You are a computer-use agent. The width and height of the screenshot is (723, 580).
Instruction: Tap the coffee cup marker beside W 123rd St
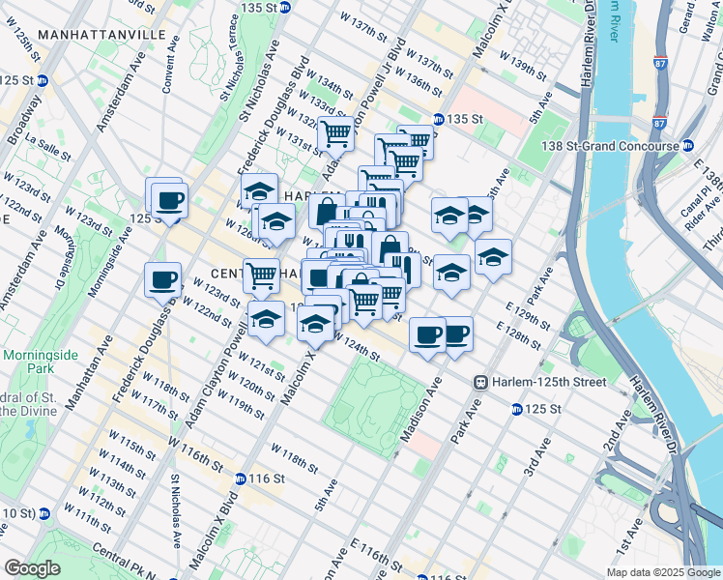point(162,281)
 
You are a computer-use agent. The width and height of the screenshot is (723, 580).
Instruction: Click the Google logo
point(32,568)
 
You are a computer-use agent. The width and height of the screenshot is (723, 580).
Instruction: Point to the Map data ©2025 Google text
point(662,572)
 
